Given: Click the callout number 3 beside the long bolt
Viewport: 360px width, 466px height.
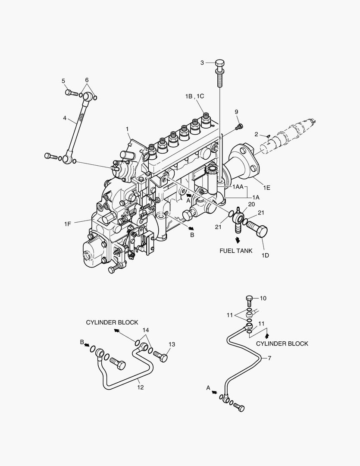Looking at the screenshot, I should pos(202,63).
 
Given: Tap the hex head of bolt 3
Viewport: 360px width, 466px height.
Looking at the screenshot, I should pos(219,63).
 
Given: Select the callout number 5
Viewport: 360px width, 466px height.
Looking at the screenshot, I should pos(63,81).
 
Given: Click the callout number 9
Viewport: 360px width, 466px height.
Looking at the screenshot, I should pos(236,112).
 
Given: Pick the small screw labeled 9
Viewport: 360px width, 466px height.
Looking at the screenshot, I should pos(239,126).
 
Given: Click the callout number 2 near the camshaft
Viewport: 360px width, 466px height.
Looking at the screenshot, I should pos(256,135).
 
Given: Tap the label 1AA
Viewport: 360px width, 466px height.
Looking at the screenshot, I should pos(238,187).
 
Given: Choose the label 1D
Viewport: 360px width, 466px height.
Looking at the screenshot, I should pos(265,255).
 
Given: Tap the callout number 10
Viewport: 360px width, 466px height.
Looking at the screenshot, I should pos(263,298).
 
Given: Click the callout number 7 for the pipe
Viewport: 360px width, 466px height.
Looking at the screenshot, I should pos(269,358).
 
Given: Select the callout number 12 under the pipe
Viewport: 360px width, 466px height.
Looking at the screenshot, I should pos(140,387).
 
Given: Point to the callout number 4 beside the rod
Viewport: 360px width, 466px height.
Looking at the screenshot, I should pos(65,118).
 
